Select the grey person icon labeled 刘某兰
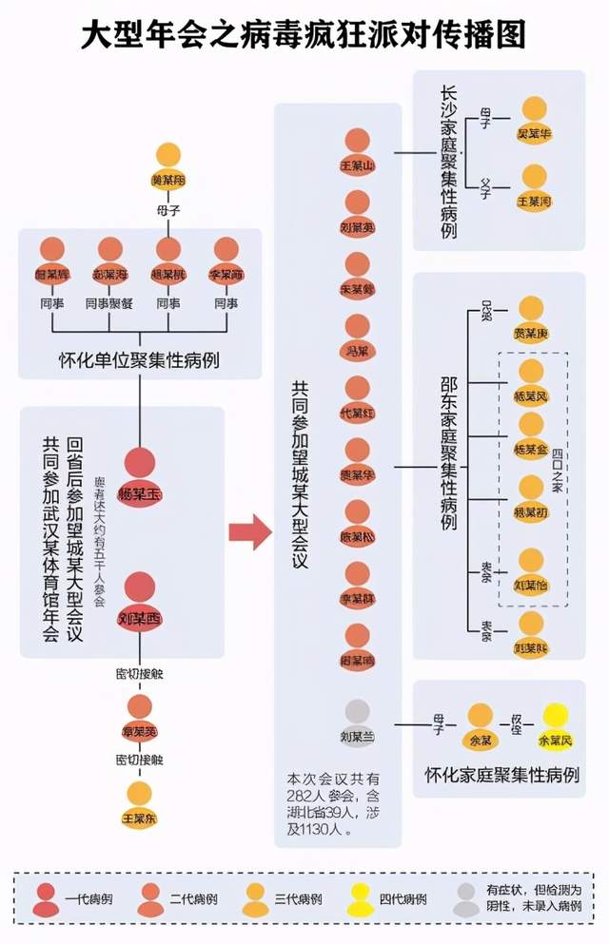tap(358, 722)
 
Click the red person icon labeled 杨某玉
tap(140, 471)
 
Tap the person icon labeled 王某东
tap(140, 803)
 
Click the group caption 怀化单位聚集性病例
tap(140, 360)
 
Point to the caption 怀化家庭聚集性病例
tap(501, 775)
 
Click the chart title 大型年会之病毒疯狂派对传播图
tap(304, 35)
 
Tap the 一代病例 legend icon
tap(44, 897)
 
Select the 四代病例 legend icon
tap(361, 897)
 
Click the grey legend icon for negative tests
tap(466, 897)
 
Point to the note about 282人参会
tap(327, 802)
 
